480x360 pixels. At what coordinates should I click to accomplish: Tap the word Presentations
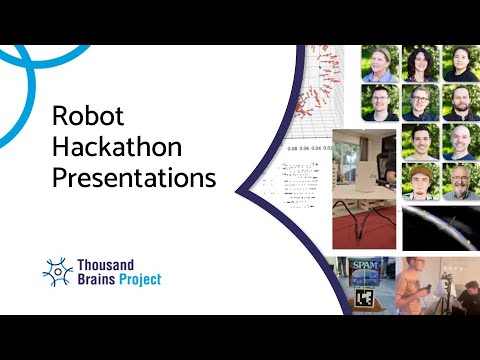[x=133, y=180]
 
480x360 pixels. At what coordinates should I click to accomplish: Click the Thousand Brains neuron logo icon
[x=57, y=271]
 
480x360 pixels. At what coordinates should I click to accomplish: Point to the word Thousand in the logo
[x=113, y=264]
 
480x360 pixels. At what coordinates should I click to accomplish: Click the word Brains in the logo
[x=99, y=280]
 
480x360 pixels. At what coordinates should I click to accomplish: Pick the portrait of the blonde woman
[x=380, y=62]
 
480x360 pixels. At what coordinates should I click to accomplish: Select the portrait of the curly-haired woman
[x=420, y=62]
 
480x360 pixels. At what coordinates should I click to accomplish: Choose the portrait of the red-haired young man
[x=420, y=182]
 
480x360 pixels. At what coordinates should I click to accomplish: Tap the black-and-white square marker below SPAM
[x=366, y=298]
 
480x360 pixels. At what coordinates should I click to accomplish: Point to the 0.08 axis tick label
[x=293, y=149]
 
